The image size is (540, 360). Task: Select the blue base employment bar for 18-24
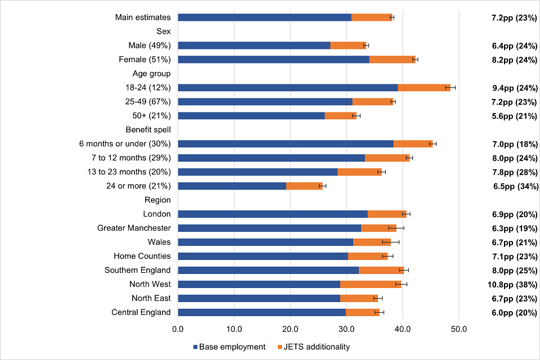[287, 87]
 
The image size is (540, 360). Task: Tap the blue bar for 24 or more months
[232, 186]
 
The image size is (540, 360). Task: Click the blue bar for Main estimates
[264, 17]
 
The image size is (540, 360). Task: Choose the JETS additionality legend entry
[313, 346]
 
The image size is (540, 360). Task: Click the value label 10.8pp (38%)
[512, 285]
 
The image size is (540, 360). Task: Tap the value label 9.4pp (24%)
[514, 88]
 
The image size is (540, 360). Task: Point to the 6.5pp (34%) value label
[514, 186]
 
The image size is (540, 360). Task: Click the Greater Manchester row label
[134, 228]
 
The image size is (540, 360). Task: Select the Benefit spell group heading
[148, 129]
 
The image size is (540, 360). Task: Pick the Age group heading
[151, 73]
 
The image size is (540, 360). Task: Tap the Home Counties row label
[142, 256]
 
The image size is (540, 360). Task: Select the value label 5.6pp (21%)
[514, 116]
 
